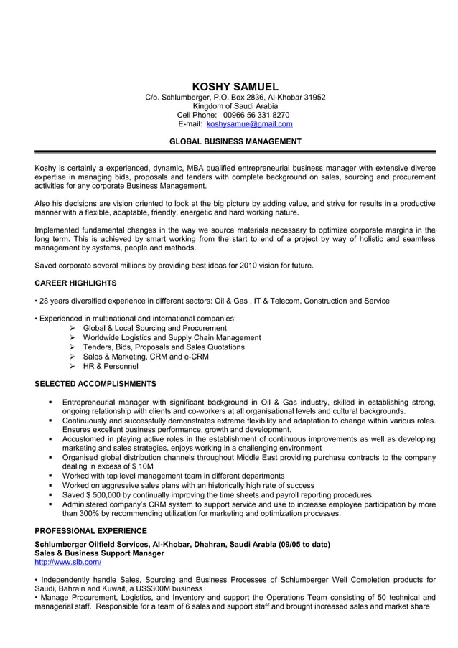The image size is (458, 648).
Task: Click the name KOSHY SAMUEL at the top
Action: click(x=235, y=86)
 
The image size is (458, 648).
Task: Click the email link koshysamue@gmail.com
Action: click(x=249, y=124)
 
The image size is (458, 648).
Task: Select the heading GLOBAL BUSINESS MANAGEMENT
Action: click(x=235, y=141)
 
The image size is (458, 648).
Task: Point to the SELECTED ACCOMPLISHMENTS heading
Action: click(x=95, y=384)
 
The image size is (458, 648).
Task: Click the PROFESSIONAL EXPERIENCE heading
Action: click(x=90, y=531)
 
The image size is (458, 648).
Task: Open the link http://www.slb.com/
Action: click(x=67, y=563)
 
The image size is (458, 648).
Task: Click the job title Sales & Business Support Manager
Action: click(x=99, y=553)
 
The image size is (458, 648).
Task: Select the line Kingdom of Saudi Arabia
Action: click(x=235, y=105)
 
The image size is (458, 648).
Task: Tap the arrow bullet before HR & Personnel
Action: click(x=73, y=366)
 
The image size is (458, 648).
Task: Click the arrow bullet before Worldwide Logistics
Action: click(x=73, y=337)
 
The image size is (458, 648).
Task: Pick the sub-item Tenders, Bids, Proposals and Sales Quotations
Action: click(x=164, y=347)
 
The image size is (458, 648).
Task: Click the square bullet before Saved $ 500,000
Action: click(x=51, y=495)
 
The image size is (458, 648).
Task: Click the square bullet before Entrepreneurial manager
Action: click(x=51, y=402)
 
